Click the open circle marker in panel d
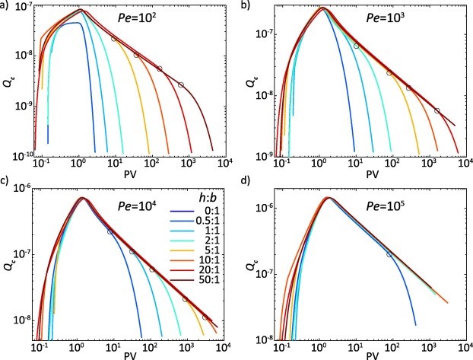tap(390, 255)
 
